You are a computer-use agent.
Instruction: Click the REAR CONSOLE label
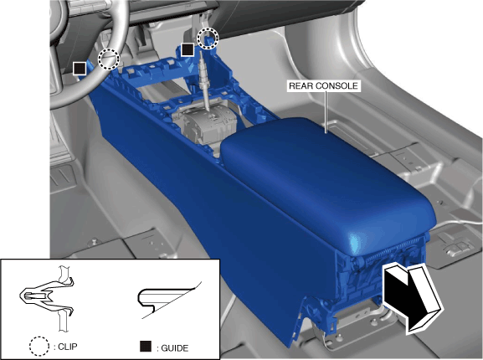pos(323,85)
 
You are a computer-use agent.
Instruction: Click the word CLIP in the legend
pos(68,347)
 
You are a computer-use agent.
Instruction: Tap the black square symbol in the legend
pos(146,346)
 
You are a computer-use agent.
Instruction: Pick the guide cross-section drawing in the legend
pos(169,300)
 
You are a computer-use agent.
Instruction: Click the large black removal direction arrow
pos(413,298)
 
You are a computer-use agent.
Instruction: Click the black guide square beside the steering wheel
pos(80,69)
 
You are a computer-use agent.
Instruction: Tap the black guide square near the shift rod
pos(188,49)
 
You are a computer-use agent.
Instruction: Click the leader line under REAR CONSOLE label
pos(326,112)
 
